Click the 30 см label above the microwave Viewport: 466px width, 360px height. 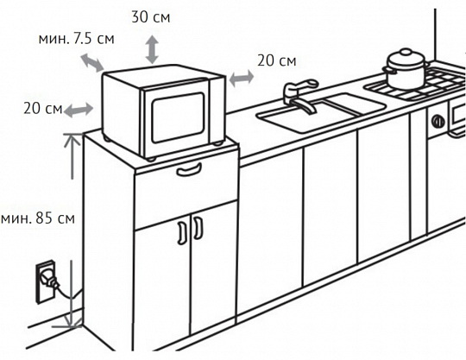click(x=151, y=17)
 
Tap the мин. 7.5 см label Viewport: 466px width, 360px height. click(x=77, y=39)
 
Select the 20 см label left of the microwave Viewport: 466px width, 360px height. click(x=43, y=108)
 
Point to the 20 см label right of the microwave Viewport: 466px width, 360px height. click(x=277, y=60)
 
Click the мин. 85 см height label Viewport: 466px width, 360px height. click(x=38, y=218)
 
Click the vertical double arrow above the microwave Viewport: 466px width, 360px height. click(x=152, y=49)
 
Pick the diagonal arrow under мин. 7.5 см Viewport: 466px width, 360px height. click(x=92, y=63)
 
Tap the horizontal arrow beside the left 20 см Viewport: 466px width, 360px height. click(x=79, y=110)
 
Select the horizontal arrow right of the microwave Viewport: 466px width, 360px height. click(x=242, y=79)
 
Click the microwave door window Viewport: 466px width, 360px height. click(x=178, y=117)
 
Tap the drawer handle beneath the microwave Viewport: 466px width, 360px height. click(x=189, y=170)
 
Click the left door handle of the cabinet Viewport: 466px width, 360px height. click(x=182, y=233)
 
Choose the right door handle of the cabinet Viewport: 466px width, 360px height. click(x=198, y=228)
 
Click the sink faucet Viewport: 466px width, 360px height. click(x=300, y=98)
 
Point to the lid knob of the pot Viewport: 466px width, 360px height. click(x=405, y=53)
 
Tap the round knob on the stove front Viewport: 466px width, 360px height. click(x=438, y=121)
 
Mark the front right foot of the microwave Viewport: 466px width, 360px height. click(x=217, y=143)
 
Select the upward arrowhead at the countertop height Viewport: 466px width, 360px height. click(x=72, y=141)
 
